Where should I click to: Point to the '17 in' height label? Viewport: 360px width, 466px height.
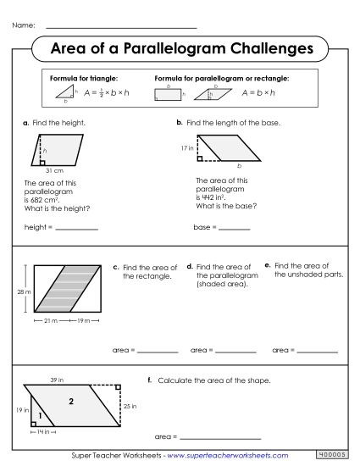(x=187, y=148)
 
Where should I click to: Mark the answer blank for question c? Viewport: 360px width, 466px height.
(x=158, y=350)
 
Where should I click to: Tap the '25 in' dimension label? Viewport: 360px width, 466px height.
(x=127, y=407)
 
